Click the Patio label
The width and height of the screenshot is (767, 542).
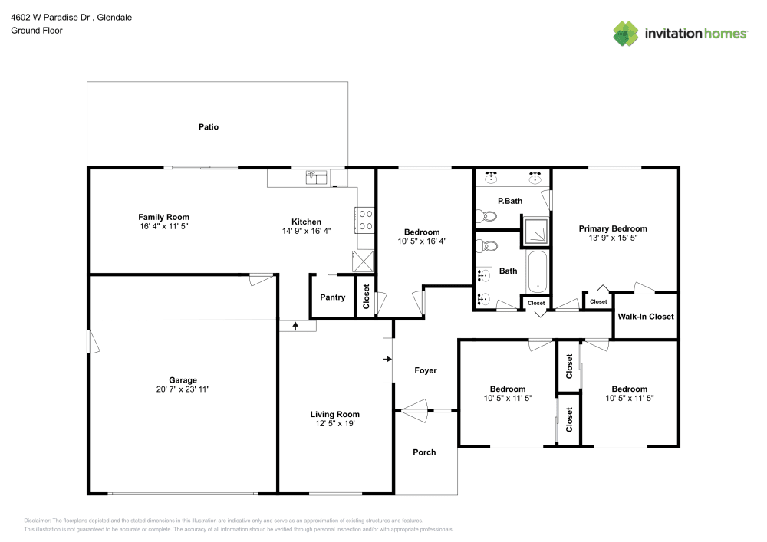tap(209, 127)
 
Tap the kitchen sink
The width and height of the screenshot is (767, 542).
tap(316, 177)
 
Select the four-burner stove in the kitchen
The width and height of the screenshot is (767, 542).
tap(365, 221)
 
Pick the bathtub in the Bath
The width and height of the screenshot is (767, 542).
tap(538, 271)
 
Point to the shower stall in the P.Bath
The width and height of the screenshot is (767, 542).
tap(536, 231)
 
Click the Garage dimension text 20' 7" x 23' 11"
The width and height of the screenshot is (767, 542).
tap(183, 389)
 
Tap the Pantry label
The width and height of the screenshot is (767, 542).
tap(332, 297)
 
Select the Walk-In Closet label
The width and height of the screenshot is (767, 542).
tap(646, 317)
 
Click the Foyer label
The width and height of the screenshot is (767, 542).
tap(426, 370)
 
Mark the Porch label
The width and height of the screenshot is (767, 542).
tap(424, 452)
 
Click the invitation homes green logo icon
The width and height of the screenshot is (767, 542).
tap(625, 34)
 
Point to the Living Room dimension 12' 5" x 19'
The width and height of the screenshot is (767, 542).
tap(335, 424)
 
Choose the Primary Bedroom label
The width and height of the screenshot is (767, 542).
tap(613, 228)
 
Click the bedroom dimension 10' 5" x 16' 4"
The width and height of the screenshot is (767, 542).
tap(422, 241)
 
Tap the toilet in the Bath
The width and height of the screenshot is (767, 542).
tap(486, 247)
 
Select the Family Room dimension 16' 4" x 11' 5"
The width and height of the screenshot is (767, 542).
tap(163, 227)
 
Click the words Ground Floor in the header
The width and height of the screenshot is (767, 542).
tap(37, 31)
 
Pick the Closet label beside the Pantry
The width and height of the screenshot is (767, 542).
tap(366, 297)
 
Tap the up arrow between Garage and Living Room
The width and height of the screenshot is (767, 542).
tap(295, 327)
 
